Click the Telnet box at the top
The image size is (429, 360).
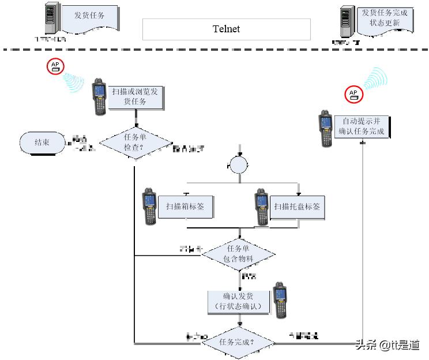[x=226, y=29]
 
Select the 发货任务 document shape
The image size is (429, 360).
[x=89, y=17]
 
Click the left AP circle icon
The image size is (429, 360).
[x=56, y=66]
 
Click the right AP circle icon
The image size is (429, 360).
[x=353, y=94]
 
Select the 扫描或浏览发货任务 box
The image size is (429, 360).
[x=135, y=96]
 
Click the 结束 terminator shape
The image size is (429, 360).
[x=42, y=142]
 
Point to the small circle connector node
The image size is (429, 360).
[x=238, y=166]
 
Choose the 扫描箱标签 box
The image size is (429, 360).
[x=185, y=206]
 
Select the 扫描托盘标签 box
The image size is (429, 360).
[x=297, y=206]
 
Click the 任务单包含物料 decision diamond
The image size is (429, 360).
[x=238, y=254]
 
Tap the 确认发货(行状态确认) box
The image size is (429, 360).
[x=238, y=301]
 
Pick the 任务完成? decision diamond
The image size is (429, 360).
[x=238, y=343]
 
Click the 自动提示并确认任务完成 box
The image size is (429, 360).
[x=362, y=127]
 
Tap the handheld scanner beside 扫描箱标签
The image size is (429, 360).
[x=150, y=206]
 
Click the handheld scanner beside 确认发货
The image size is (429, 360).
[x=280, y=300]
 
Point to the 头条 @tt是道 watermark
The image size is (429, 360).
[x=387, y=345]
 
